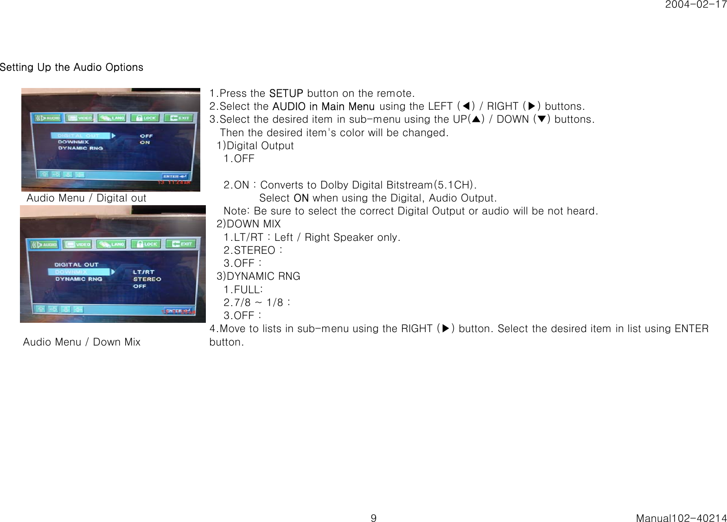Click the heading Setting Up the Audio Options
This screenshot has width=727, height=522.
[71, 67]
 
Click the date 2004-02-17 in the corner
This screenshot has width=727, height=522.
[695, 5]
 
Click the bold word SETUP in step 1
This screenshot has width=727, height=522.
[286, 93]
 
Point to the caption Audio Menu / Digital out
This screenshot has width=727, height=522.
[86, 198]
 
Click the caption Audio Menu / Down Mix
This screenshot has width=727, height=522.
[82, 342]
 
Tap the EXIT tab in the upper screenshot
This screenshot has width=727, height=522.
[180, 118]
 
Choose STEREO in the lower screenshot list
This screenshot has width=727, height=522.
[147, 279]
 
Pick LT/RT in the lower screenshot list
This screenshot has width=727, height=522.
[144, 272]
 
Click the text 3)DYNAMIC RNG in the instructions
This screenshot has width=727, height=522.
[258, 277]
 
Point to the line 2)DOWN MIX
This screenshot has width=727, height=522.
[249, 224]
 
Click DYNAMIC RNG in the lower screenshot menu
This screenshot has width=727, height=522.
[79, 279]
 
